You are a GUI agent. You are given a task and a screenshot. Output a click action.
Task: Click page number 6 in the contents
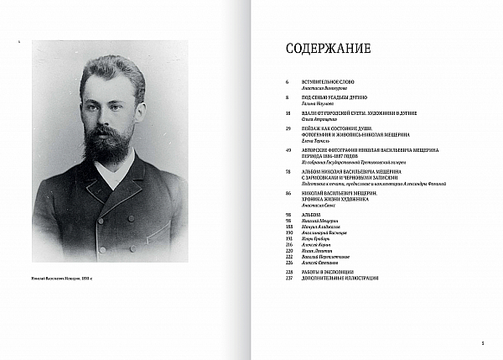coord(287,81)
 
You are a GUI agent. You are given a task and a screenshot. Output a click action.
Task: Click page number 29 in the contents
coord(288,128)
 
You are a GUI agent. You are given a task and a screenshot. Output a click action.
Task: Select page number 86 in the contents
coord(288,192)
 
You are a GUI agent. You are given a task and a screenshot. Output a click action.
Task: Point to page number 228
coord(288,272)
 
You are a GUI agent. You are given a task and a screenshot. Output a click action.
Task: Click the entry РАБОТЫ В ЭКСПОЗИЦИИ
coord(328,272)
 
